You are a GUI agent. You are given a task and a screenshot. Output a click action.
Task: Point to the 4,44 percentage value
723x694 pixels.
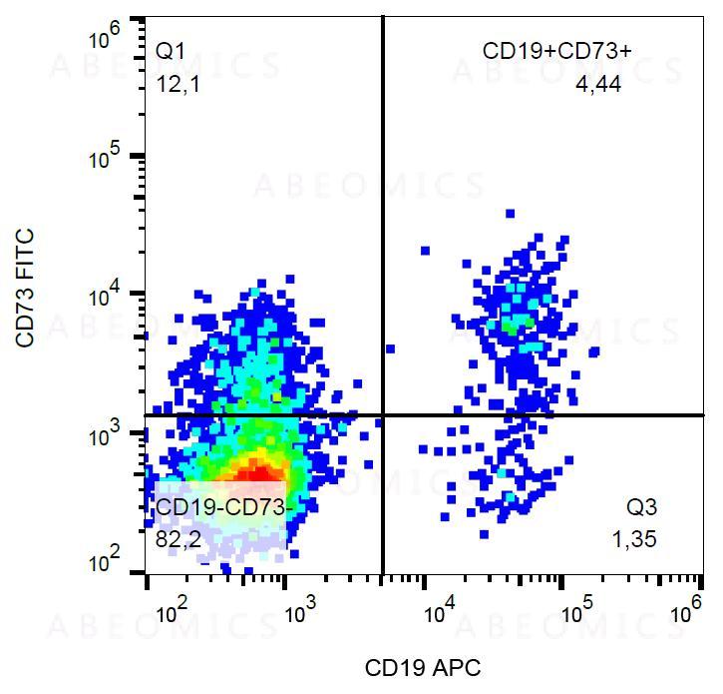click(x=598, y=85)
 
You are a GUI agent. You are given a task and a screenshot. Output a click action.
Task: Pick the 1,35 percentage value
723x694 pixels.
click(x=634, y=541)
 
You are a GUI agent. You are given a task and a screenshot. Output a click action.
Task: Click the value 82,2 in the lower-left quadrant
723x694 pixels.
click(x=177, y=541)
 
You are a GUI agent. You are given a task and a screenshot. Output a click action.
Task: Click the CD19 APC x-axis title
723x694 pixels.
click(x=423, y=667)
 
